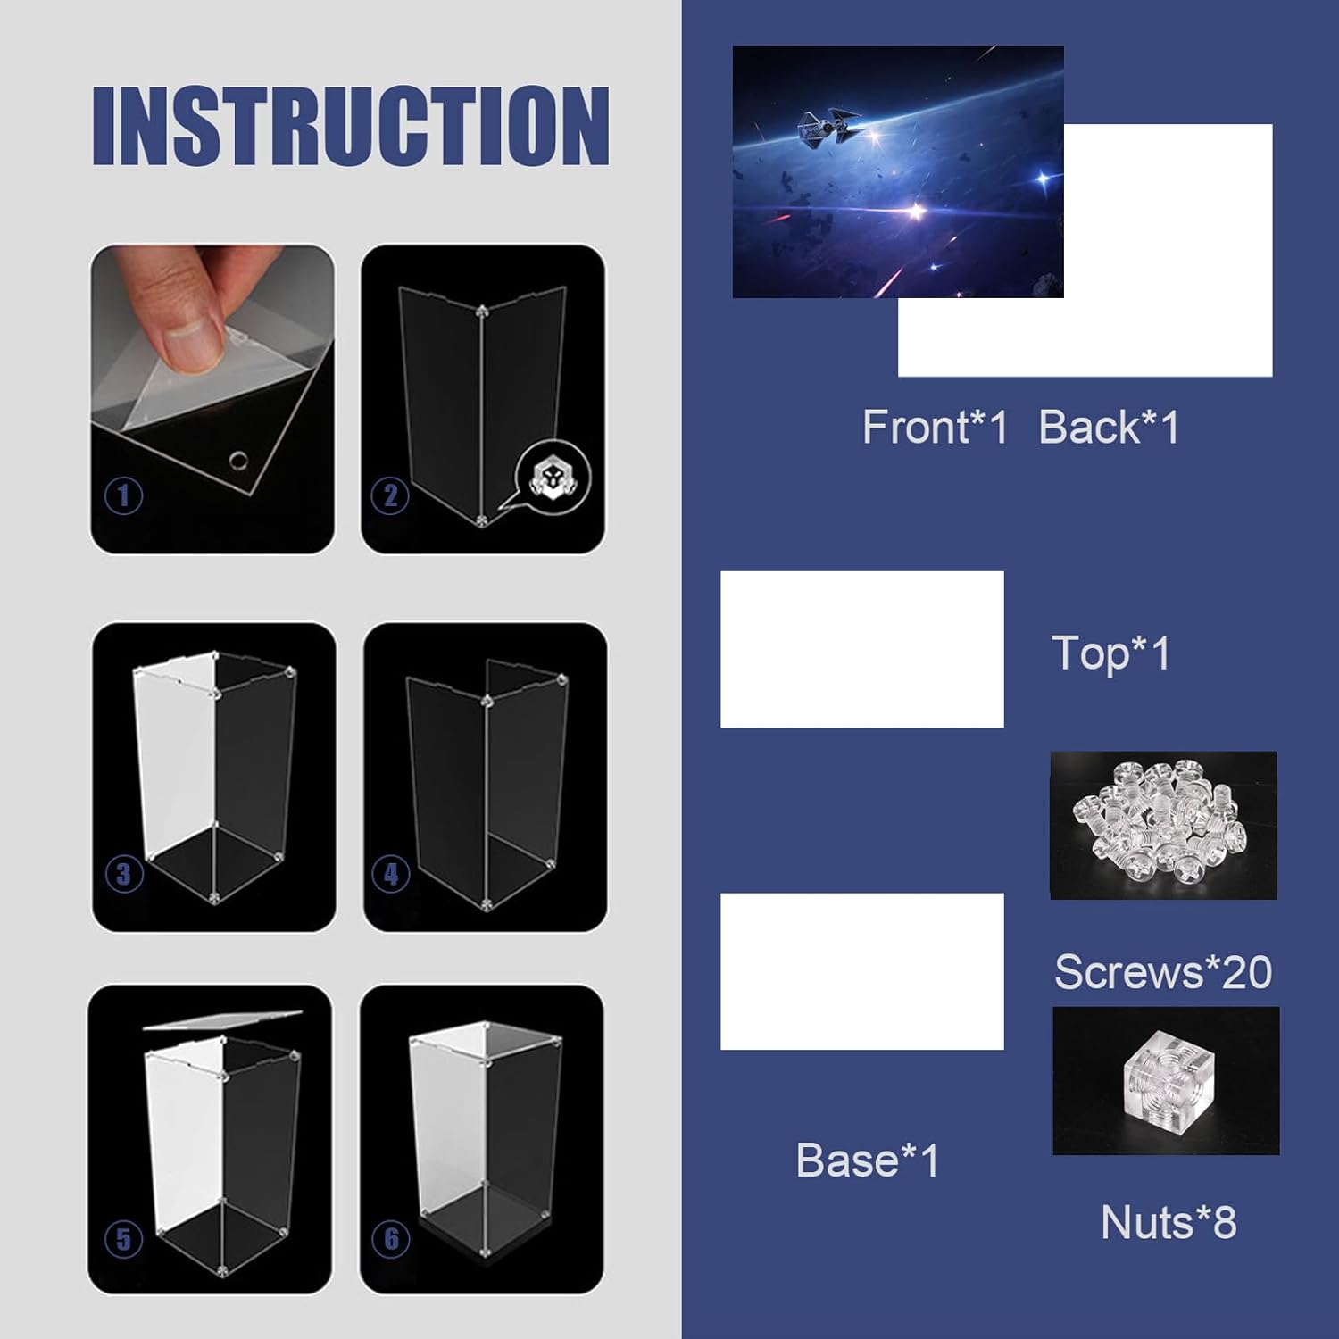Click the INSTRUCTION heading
tap(351, 126)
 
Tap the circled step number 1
tap(123, 495)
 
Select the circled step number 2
tap(390, 496)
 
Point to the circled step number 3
tap(124, 873)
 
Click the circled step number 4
tap(391, 874)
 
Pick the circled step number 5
tap(123, 1239)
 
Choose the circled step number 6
tap(391, 1238)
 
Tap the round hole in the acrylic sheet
tap(238, 461)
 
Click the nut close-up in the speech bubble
tap(553, 476)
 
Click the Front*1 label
tap(935, 427)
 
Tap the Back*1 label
tap(1110, 427)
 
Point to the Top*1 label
tap(1111, 653)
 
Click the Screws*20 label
tap(1163, 971)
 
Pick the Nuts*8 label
tap(1169, 1222)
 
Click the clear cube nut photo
tap(1166, 1081)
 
